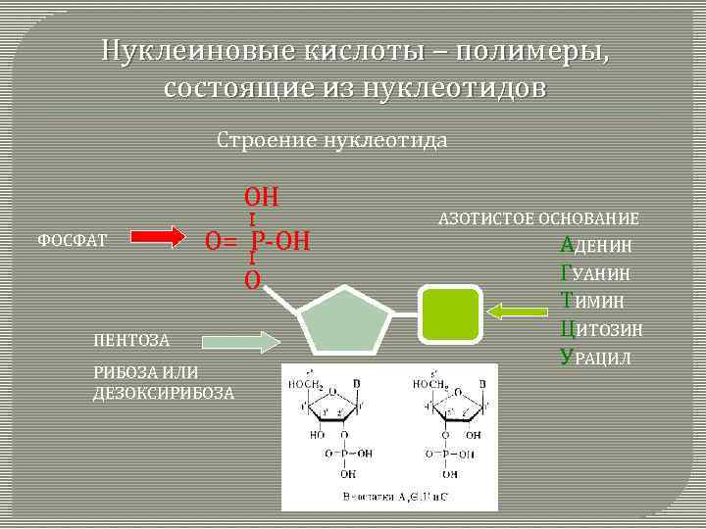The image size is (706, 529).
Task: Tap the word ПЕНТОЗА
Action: pos(131,341)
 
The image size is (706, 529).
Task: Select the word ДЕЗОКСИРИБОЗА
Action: pos(164,394)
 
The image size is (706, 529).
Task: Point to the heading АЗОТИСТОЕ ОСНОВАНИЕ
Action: pos(538,218)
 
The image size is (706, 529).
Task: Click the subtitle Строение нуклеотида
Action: pos(332,140)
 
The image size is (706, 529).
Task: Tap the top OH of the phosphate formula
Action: pos(262,196)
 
